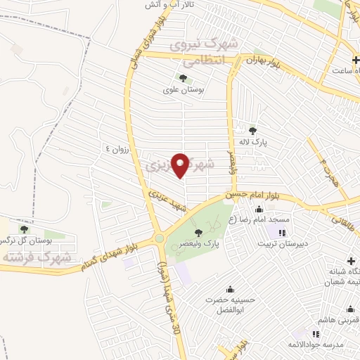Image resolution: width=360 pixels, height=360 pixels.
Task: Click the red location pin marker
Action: (181, 165)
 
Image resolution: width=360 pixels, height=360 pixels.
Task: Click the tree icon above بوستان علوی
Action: (184, 78)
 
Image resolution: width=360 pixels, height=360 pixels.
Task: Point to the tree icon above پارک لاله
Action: (253, 129)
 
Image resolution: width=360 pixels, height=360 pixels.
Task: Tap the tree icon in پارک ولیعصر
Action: (198, 233)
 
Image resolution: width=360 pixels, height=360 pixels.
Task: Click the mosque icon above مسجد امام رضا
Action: (258, 208)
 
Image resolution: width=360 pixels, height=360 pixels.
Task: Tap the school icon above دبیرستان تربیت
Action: (282, 233)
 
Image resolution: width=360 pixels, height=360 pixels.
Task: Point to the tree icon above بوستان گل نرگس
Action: (25, 229)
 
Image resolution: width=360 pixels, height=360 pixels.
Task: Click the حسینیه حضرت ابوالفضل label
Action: (228, 305)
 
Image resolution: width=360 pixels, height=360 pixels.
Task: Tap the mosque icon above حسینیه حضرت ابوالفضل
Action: (228, 288)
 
